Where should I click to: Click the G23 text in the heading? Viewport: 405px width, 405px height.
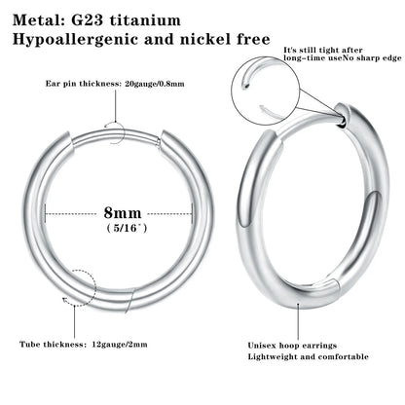click(86, 18)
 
